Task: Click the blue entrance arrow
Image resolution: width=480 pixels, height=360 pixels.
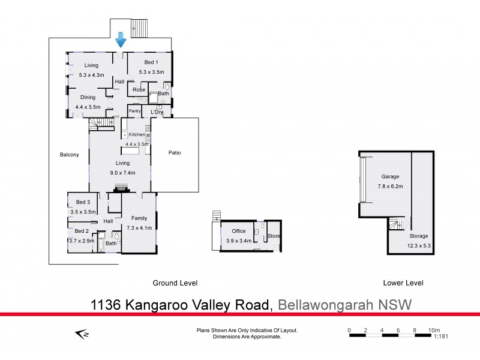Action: [x=120, y=40]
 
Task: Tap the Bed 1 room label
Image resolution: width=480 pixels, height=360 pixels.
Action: [x=151, y=62]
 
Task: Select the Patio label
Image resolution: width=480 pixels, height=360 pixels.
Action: [x=174, y=153]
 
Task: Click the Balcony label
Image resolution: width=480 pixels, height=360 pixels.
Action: [x=69, y=155]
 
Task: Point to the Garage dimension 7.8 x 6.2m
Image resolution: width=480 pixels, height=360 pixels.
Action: [x=390, y=186]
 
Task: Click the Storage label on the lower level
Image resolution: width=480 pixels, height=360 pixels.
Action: [x=419, y=236]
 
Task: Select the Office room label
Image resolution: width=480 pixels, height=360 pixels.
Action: [x=238, y=231]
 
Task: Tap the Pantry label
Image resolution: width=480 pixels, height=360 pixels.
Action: [x=134, y=111]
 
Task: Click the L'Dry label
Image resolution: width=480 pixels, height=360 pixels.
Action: [x=157, y=112]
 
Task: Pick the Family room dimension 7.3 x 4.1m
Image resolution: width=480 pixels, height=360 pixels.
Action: [x=139, y=228]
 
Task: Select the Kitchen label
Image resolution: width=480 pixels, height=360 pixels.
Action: [x=137, y=135]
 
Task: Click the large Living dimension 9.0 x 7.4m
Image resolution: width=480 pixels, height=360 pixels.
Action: [x=122, y=173]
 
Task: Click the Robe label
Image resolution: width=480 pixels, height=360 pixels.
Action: [x=139, y=90]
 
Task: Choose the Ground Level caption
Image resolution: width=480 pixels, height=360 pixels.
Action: [x=175, y=283]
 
